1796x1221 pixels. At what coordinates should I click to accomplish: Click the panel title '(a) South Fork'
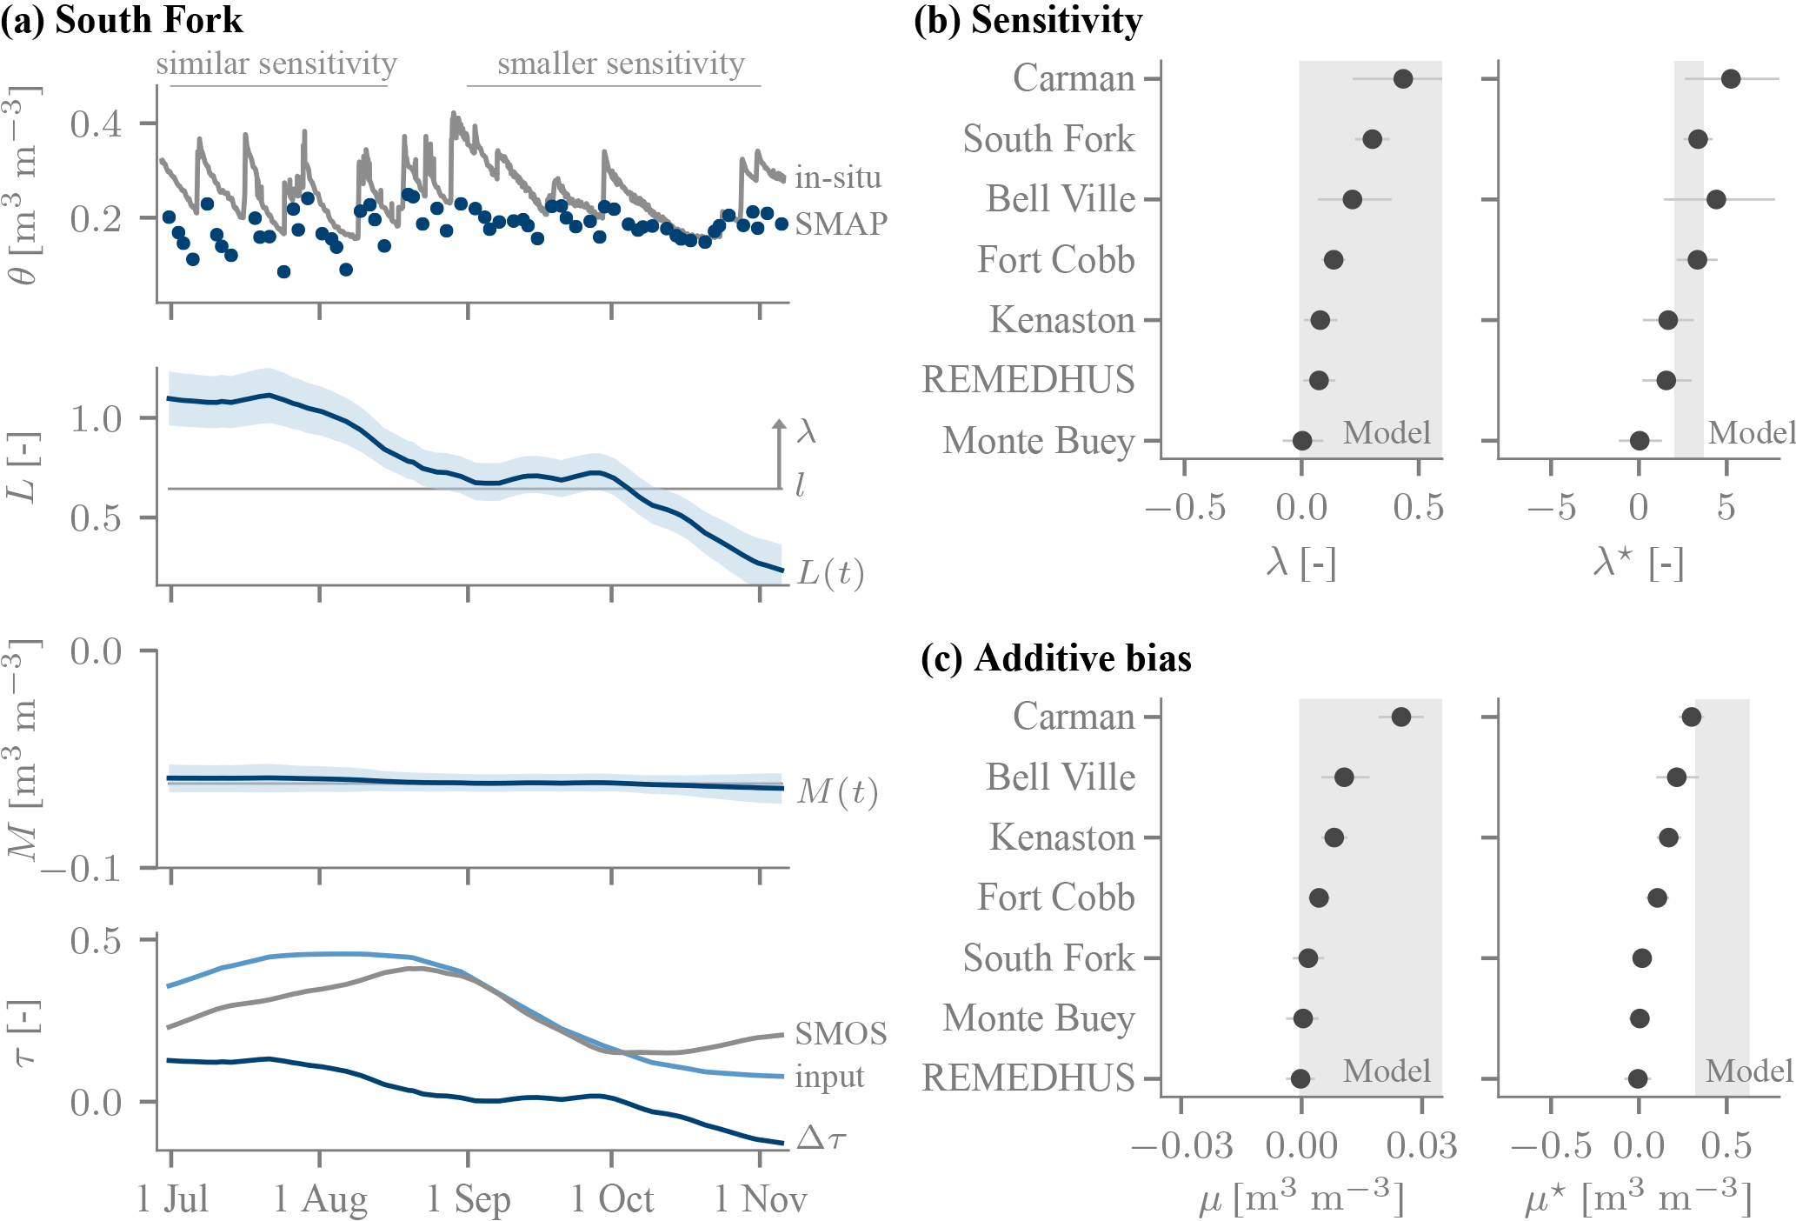[122, 20]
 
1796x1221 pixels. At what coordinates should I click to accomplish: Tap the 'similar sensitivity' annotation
[276, 63]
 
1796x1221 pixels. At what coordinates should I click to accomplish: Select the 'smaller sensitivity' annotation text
[621, 63]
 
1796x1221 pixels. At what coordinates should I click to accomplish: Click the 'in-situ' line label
[838, 177]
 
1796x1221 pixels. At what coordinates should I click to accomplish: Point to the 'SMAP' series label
[841, 224]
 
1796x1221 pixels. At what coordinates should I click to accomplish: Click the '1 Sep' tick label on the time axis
[468, 1199]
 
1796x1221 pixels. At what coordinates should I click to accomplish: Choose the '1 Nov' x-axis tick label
[761, 1199]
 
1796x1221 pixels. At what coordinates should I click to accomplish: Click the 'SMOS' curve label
[841, 1033]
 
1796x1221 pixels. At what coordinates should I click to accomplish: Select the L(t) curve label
[830, 573]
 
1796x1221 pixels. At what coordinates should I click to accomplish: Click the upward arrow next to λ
[780, 452]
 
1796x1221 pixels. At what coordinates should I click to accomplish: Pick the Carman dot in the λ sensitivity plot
[1402, 79]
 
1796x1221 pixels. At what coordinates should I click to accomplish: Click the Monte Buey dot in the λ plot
[1301, 441]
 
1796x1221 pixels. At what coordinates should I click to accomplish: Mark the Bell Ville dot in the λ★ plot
[1715, 200]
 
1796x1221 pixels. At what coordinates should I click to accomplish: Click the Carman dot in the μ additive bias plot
[1400, 717]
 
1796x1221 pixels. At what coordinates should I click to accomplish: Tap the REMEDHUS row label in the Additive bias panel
[1028, 1078]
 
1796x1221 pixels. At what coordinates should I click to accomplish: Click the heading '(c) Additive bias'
[1055, 658]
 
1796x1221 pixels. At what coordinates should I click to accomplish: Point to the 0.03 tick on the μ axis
[1421, 1146]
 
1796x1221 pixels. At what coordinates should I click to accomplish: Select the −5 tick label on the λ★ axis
[1551, 508]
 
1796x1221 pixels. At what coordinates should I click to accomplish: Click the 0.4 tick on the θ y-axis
[96, 124]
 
